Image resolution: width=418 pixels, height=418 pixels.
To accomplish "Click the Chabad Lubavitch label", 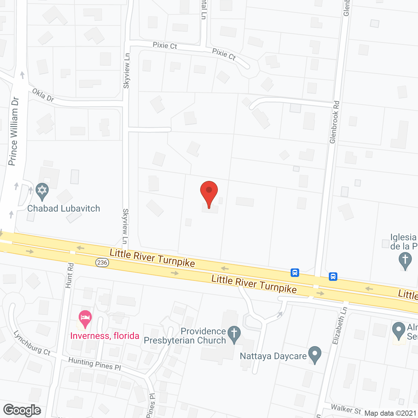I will [x=64, y=208].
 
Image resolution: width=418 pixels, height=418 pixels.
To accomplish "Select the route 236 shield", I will [x=102, y=262].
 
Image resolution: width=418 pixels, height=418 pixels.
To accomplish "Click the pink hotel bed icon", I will [x=85, y=318].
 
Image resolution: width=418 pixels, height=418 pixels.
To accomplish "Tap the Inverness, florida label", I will [x=105, y=336].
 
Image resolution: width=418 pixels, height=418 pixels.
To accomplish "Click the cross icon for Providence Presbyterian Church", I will [x=234, y=334].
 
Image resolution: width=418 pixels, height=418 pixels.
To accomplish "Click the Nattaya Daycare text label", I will [x=273, y=356].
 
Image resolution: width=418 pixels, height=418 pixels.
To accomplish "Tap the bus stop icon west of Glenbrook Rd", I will [x=295, y=272].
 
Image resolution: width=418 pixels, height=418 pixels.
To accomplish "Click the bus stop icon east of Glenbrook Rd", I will [x=333, y=277].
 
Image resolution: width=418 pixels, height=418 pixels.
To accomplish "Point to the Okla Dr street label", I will [x=43, y=95].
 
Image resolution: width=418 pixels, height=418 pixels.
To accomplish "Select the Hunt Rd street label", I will [x=70, y=276].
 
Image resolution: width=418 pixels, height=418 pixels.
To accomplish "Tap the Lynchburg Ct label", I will [x=32, y=343].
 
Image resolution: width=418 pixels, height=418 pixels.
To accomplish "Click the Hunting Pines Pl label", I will [x=95, y=363].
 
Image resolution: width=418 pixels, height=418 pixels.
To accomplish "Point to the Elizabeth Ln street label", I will [x=340, y=326].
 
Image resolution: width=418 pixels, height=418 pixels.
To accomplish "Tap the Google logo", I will [x=22, y=410].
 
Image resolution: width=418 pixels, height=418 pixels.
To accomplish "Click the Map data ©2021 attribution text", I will [x=391, y=413].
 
